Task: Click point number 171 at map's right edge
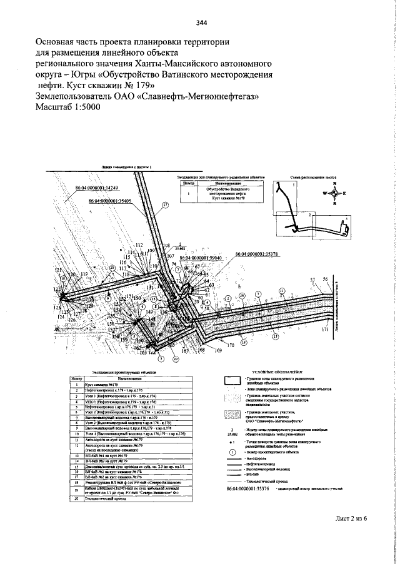tap(324, 329)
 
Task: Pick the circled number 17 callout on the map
tap(166, 205)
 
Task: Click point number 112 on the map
tap(139, 245)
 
